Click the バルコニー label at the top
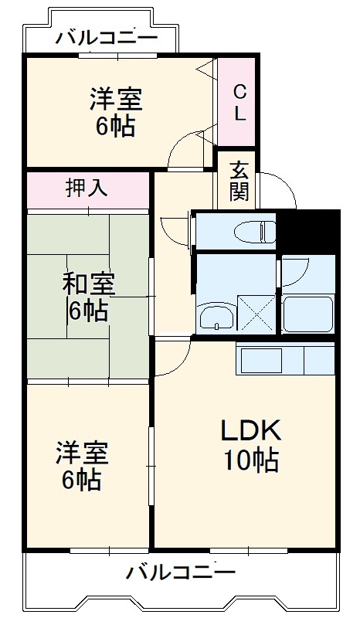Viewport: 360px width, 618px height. [x=107, y=36]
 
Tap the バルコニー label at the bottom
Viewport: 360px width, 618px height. [x=181, y=573]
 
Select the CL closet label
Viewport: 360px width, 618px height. [x=239, y=104]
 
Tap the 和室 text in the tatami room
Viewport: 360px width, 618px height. [x=89, y=284]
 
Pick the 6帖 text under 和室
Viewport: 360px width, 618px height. [x=86, y=311]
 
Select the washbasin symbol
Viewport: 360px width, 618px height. [x=218, y=316]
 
